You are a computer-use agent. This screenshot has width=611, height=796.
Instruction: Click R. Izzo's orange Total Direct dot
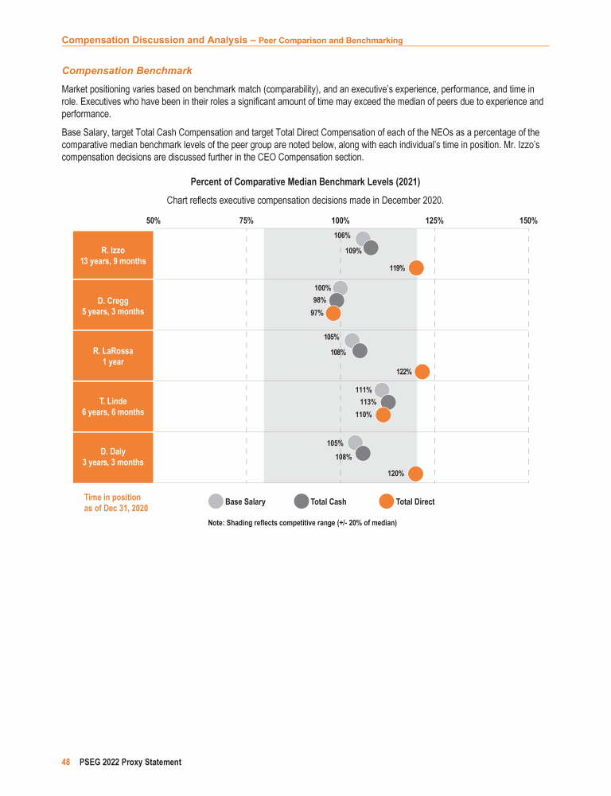(416, 267)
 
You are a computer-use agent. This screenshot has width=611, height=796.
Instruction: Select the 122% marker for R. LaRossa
(422, 372)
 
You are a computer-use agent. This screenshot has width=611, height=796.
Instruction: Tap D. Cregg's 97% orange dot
(333, 313)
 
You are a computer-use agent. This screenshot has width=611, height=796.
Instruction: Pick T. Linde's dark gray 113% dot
(388, 402)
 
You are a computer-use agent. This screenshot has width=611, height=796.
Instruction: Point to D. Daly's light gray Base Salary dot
(355, 443)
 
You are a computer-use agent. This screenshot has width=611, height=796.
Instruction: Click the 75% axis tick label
(247, 220)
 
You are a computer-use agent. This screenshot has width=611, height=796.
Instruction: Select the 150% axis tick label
(528, 220)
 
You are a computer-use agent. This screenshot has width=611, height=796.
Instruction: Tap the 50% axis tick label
(154, 220)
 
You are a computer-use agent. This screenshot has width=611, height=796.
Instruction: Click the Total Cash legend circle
(302, 501)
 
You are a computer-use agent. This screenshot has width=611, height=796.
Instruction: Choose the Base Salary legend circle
(216, 501)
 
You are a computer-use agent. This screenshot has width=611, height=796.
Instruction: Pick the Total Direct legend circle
(387, 501)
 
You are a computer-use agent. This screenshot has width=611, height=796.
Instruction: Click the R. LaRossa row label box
(113, 356)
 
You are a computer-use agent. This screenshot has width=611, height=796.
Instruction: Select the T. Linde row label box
(113, 407)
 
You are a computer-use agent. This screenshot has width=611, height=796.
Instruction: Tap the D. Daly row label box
(113, 458)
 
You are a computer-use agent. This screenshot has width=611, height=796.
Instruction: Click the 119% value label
(397, 268)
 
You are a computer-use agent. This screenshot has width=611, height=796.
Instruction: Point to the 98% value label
(320, 300)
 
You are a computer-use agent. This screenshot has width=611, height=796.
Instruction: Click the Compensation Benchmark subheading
(127, 71)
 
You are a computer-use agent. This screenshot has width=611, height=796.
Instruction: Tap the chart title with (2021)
(305, 182)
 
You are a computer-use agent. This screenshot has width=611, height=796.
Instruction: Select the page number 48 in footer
(67, 762)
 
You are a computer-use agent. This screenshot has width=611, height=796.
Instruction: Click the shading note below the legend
(302, 523)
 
